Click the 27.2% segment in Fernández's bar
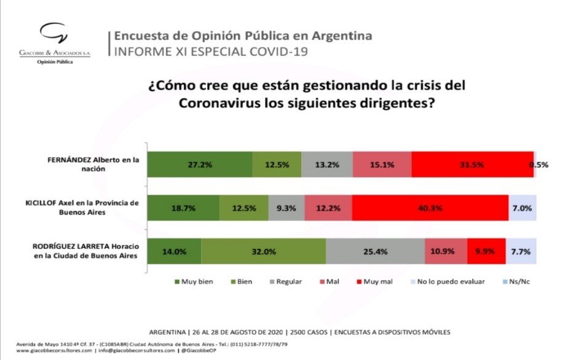tap(200, 165)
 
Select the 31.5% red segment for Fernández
tap(472, 165)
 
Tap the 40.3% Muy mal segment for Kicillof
tap(430, 208)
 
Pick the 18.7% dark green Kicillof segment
tap(184, 208)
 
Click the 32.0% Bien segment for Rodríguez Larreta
tap(263, 252)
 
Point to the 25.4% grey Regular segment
tap(375, 252)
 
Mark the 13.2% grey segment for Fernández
tap(327, 165)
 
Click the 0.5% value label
tap(539, 165)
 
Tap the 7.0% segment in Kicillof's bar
tap(522, 208)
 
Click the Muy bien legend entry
tap(195, 282)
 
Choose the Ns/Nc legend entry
tap(516, 282)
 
